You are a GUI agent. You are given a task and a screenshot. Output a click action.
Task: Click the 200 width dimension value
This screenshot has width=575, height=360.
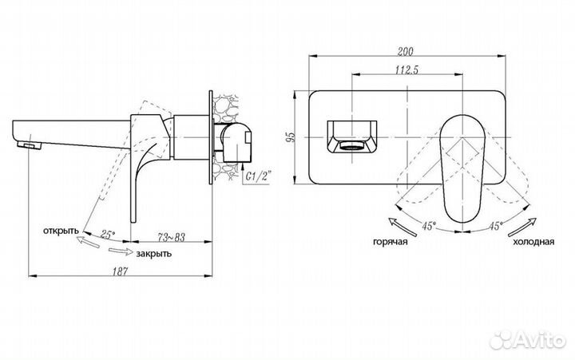click(x=405, y=51)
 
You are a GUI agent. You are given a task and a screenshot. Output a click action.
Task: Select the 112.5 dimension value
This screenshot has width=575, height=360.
click(x=406, y=69)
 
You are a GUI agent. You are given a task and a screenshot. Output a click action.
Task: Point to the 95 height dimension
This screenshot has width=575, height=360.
click(x=290, y=136)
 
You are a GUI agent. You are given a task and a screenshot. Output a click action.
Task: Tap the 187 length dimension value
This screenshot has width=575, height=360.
click(x=120, y=271)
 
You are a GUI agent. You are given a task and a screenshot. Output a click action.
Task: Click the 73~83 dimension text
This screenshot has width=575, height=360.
click(x=171, y=237)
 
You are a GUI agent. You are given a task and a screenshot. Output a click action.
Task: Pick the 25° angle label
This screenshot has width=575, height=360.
click(x=108, y=235)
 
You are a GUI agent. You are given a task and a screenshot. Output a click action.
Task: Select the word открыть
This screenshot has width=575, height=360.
click(x=61, y=231)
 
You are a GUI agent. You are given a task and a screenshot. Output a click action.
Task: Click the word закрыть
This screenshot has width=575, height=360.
click(x=153, y=254)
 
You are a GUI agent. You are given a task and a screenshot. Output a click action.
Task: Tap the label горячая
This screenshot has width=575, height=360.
click(x=391, y=242)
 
